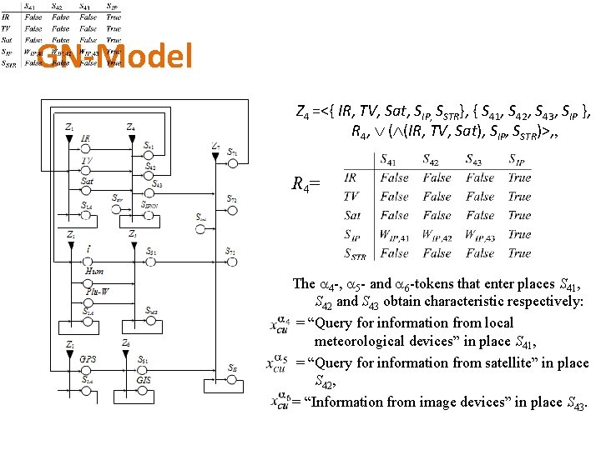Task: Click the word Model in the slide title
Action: coord(148,57)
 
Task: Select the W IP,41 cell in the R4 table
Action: coord(395,234)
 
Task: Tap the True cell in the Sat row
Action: coord(519,215)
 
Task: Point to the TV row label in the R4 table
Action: coord(351,197)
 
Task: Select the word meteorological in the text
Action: coord(358,342)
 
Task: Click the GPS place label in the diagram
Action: coord(88,360)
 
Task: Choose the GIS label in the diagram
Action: coord(143,379)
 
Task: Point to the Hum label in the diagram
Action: coord(94,271)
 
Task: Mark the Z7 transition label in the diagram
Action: coord(215,147)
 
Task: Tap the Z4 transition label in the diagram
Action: coord(131,127)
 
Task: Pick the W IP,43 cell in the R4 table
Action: coord(480,234)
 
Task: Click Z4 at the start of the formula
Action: coord(303,110)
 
